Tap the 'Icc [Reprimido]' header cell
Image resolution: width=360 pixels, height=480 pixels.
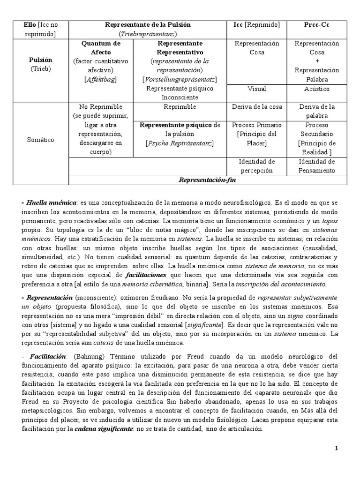(256, 25)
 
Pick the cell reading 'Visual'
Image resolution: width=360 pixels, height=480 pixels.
(256, 89)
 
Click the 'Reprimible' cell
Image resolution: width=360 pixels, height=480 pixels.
(180, 107)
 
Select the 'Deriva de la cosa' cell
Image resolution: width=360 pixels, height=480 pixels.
(256, 107)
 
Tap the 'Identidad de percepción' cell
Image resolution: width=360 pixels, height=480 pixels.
(256, 166)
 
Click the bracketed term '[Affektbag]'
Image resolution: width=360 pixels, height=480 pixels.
(101, 79)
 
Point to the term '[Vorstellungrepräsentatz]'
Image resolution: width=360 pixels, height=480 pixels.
(180, 79)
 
